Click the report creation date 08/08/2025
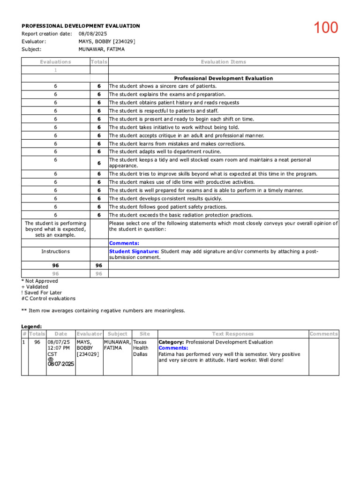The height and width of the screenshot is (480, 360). click(93, 34)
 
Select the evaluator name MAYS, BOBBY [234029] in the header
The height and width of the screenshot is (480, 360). click(107, 41)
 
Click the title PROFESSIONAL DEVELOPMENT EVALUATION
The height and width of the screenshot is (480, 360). click(81, 26)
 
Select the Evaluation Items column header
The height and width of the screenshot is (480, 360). click(223, 62)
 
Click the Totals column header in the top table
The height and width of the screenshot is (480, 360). click(99, 62)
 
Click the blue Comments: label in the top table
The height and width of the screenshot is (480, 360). click(124, 243)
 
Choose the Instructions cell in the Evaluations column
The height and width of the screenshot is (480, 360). click(55, 252)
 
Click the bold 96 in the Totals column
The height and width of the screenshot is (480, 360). click(99, 265)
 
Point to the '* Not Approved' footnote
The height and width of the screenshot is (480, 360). click(40, 281)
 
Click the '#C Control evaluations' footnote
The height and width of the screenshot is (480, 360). click(48, 298)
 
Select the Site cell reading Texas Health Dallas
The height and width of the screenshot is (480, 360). click(141, 348)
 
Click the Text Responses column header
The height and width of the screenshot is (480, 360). click(232, 334)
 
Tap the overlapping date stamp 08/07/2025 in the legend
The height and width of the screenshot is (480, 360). click(60, 364)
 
